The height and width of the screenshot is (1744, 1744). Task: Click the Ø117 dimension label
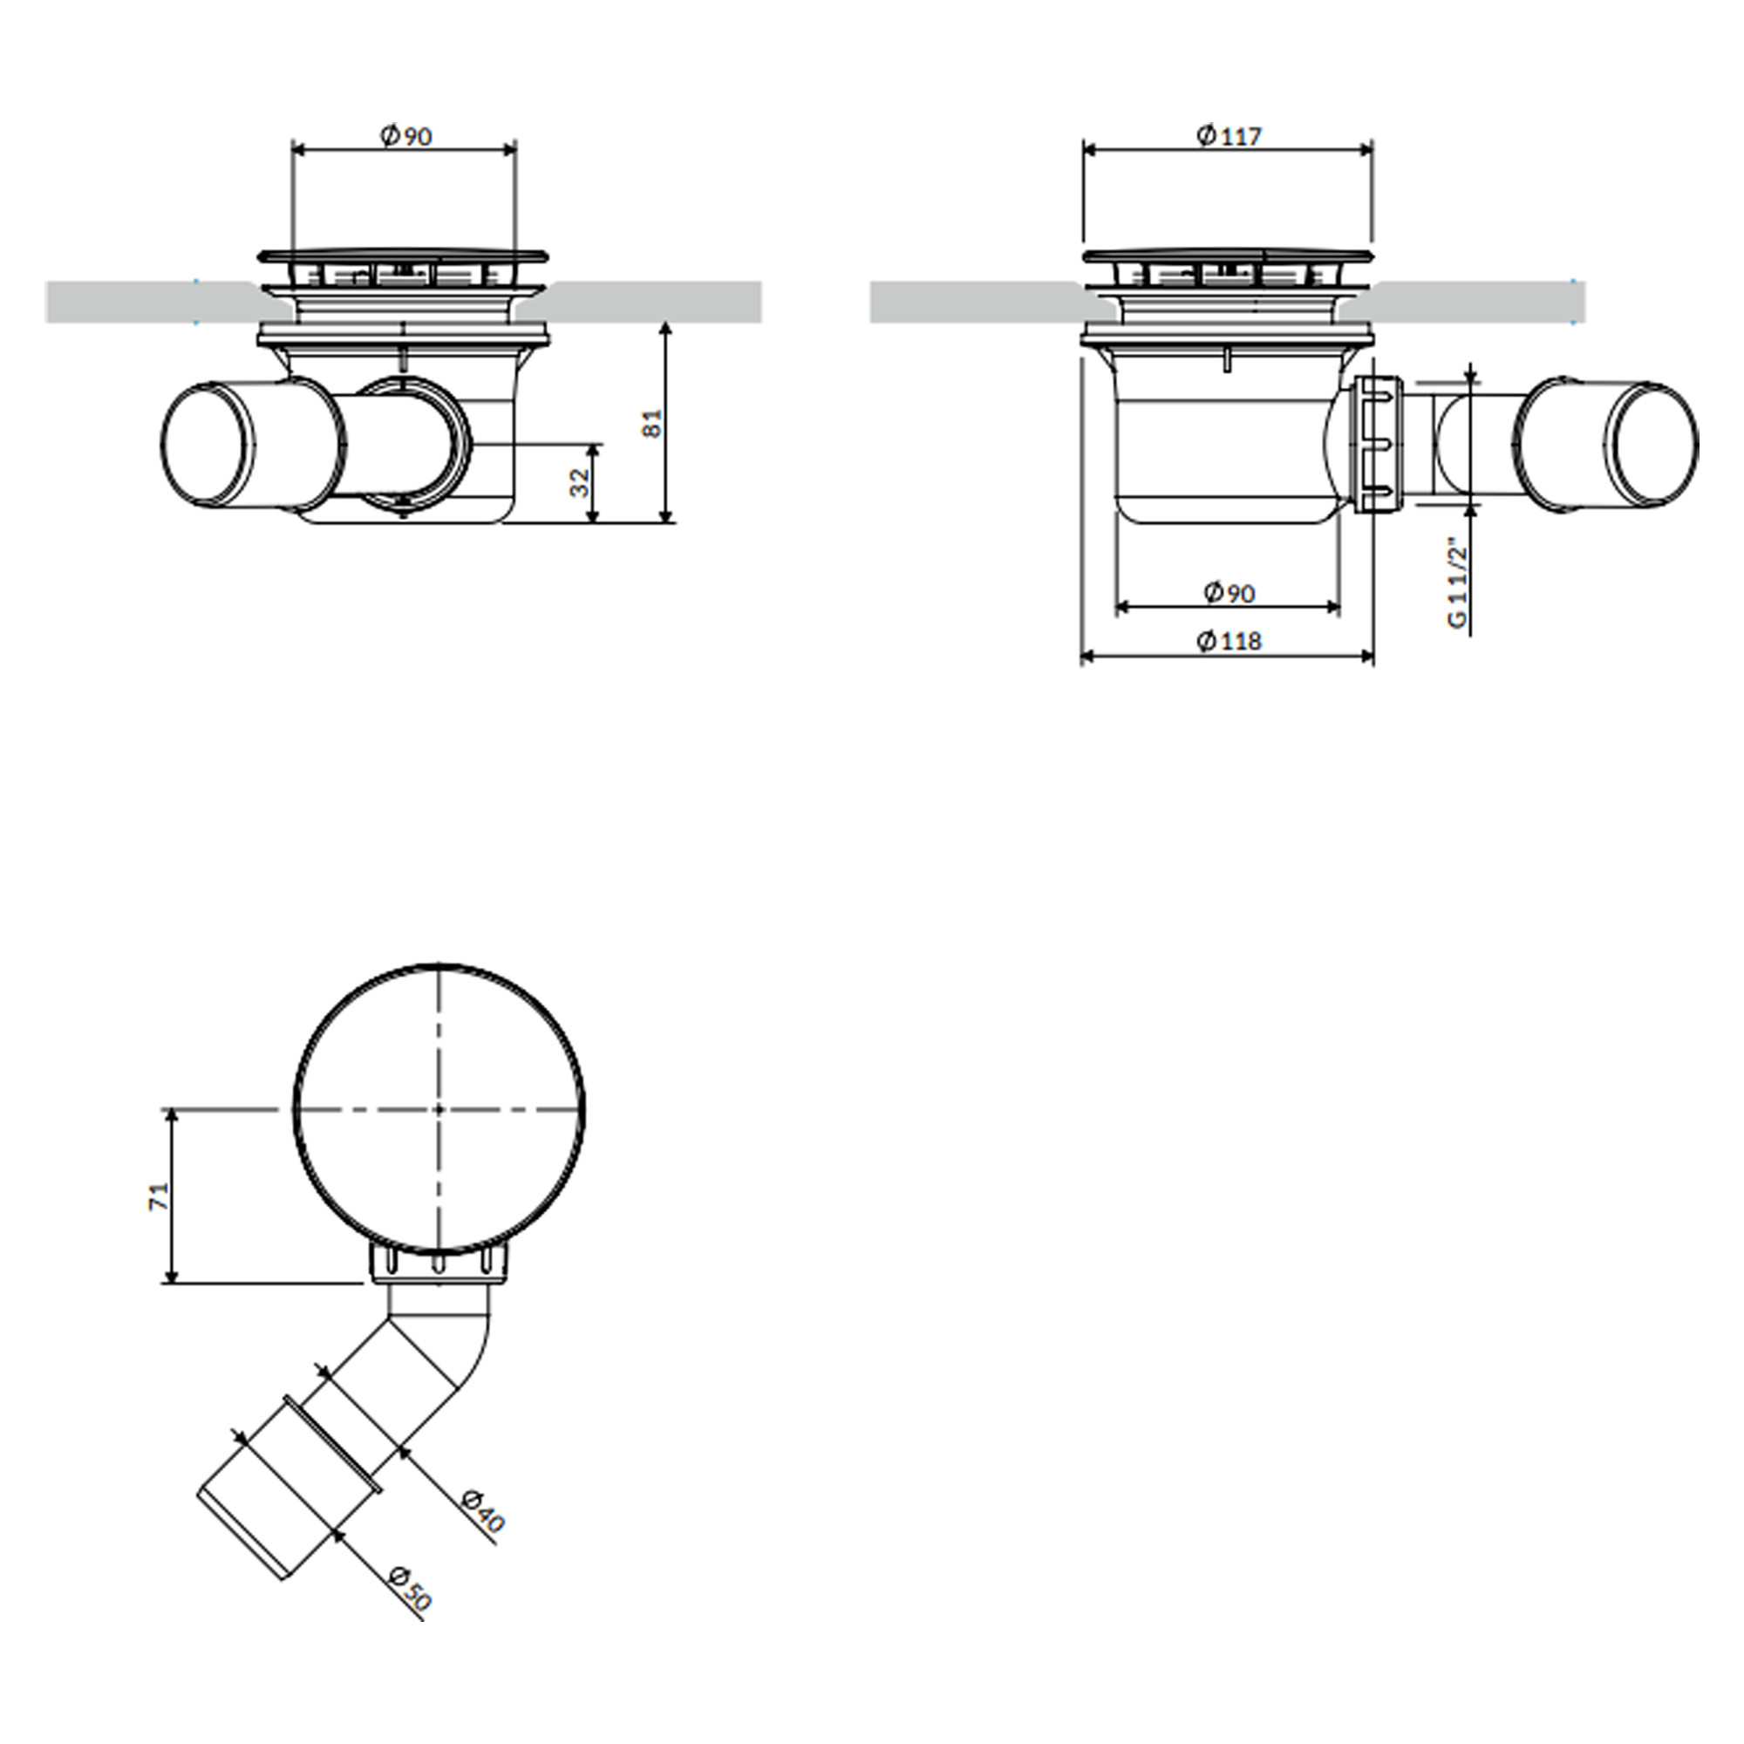1229,135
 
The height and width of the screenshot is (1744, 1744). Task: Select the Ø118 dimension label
1229,641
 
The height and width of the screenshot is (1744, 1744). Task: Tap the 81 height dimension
651,422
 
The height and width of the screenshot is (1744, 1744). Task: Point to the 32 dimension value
581,482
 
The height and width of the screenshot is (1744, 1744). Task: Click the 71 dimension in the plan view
159,1196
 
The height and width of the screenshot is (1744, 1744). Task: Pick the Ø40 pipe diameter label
481,1511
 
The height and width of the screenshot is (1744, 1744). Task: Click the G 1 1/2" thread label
1456,583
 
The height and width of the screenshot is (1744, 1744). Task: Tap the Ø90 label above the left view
406,136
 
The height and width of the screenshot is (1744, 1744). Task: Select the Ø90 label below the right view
1229,593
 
